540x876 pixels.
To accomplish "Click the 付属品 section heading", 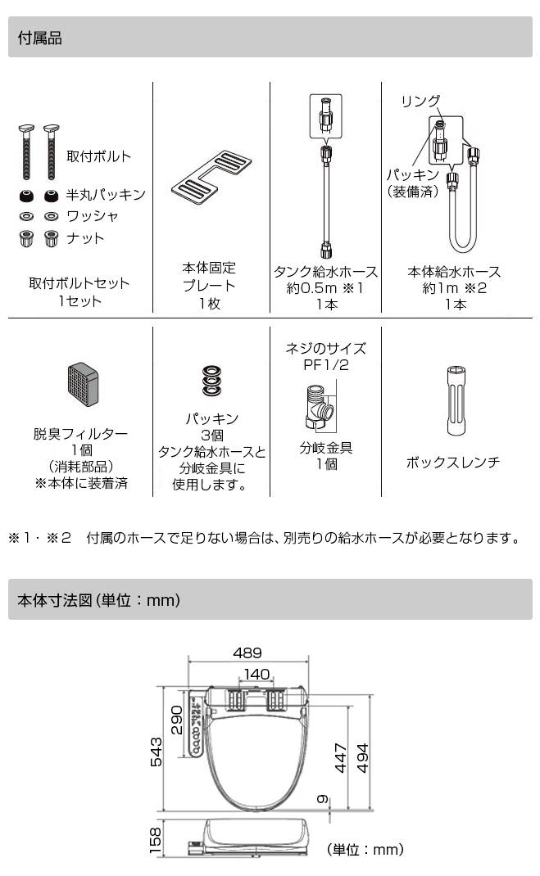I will tap(40, 38).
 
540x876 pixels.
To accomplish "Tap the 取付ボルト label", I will tap(98, 156).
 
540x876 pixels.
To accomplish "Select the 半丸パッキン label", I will tap(105, 194).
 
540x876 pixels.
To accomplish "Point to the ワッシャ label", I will tap(92, 216).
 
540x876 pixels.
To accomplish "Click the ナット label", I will tap(85, 238).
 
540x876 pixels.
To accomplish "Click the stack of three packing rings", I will tap(211, 381).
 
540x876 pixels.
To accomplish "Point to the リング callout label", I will tap(420, 101).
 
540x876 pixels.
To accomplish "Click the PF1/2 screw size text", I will tap(325, 364).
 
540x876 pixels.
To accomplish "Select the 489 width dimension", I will tap(247, 652).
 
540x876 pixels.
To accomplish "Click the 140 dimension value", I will tap(256, 674).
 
